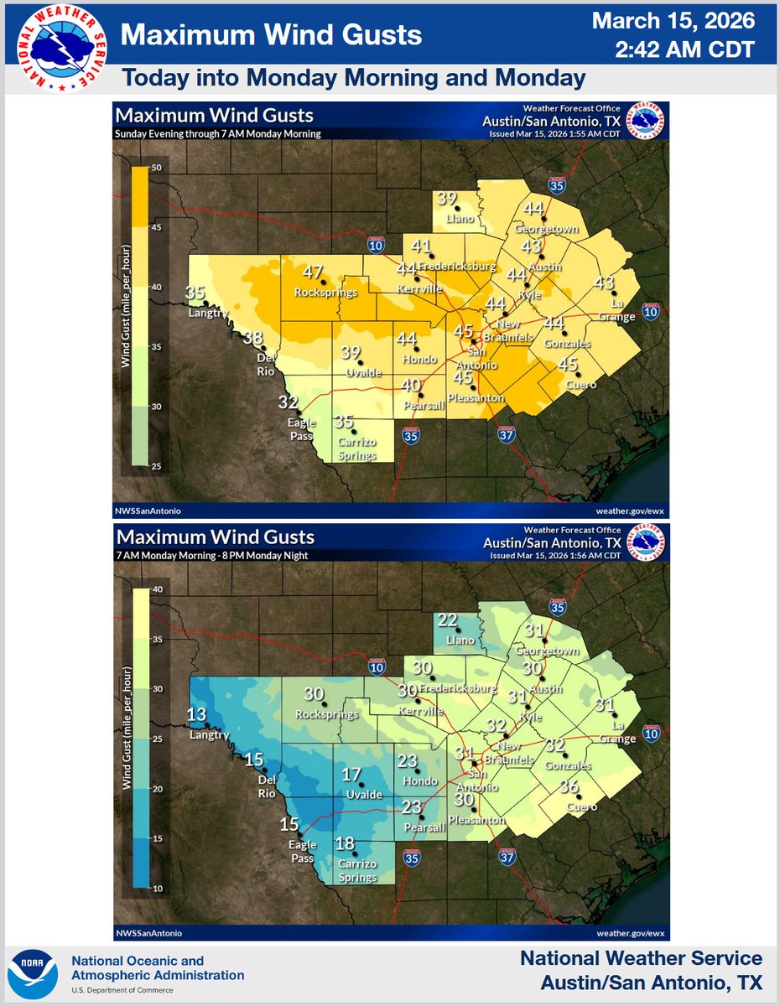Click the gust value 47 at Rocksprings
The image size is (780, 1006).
313,272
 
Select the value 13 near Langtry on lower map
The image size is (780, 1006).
195,715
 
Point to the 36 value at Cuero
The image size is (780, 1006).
569,786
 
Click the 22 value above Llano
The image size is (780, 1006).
447,620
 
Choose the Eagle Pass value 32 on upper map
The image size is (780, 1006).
289,402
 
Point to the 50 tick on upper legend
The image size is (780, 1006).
156,169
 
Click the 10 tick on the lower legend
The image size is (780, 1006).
156,888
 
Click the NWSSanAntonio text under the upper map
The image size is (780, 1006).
148,510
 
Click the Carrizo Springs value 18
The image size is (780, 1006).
345,844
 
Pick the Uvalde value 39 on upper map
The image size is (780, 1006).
351,352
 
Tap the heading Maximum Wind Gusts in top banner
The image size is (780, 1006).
271,35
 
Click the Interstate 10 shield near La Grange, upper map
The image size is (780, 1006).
650,312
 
